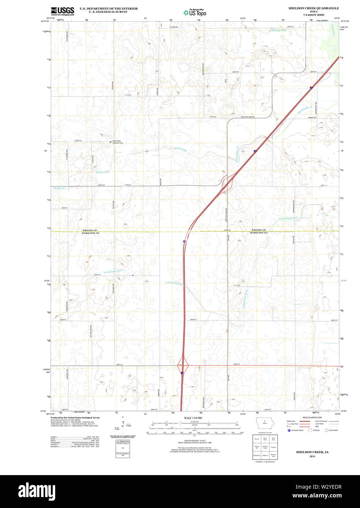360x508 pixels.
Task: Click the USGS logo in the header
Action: point(62,11)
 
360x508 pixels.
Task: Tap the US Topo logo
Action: point(195,13)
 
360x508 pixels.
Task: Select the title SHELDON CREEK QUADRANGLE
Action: point(314,8)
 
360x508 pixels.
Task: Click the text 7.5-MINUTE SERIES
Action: point(314,15)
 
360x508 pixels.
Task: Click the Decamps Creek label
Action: point(279,31)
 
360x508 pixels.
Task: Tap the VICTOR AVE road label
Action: point(174,27)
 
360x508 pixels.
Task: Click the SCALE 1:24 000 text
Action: point(193,418)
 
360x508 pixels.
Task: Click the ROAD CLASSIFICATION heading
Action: point(312,417)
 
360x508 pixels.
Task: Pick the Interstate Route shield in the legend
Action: point(289,430)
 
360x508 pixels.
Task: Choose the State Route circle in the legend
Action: point(326,430)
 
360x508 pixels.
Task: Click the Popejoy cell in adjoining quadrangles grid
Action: point(273,447)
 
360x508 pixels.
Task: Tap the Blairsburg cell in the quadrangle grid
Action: point(257,456)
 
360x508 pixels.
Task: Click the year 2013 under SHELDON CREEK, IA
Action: point(312,456)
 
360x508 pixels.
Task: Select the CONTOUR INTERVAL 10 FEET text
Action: point(193,441)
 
